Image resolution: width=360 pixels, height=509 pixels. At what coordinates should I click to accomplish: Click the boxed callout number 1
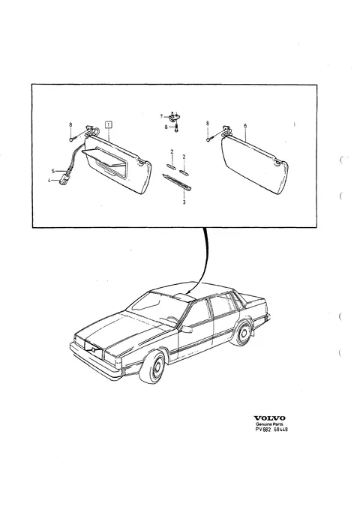coord(109,124)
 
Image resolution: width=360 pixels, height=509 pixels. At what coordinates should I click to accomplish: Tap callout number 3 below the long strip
coord(184,202)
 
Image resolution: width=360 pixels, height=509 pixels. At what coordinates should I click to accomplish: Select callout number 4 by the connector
coord(49,180)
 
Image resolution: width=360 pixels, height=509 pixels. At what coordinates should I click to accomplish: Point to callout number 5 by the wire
coord(53,171)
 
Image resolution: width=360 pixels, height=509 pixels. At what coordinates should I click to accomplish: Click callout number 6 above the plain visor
coord(245,126)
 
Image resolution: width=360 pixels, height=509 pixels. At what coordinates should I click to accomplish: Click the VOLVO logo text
coord(269,418)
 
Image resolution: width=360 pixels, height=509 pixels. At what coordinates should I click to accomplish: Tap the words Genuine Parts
coord(269,424)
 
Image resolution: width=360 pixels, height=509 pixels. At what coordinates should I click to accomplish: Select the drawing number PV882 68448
coord(271,430)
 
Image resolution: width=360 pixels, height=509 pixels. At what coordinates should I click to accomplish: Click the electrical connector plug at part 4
coord(62,181)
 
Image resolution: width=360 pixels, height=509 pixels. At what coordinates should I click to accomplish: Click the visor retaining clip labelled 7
coord(174,115)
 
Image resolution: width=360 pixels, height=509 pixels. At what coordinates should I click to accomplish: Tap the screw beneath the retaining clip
coord(176,126)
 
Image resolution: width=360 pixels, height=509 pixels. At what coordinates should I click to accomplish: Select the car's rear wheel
coord(242,334)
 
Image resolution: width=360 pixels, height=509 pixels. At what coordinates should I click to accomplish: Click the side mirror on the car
coord(187,329)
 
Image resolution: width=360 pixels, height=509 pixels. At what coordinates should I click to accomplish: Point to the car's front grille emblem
coord(93,349)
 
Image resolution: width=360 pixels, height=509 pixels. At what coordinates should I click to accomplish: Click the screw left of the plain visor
coord(209,139)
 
